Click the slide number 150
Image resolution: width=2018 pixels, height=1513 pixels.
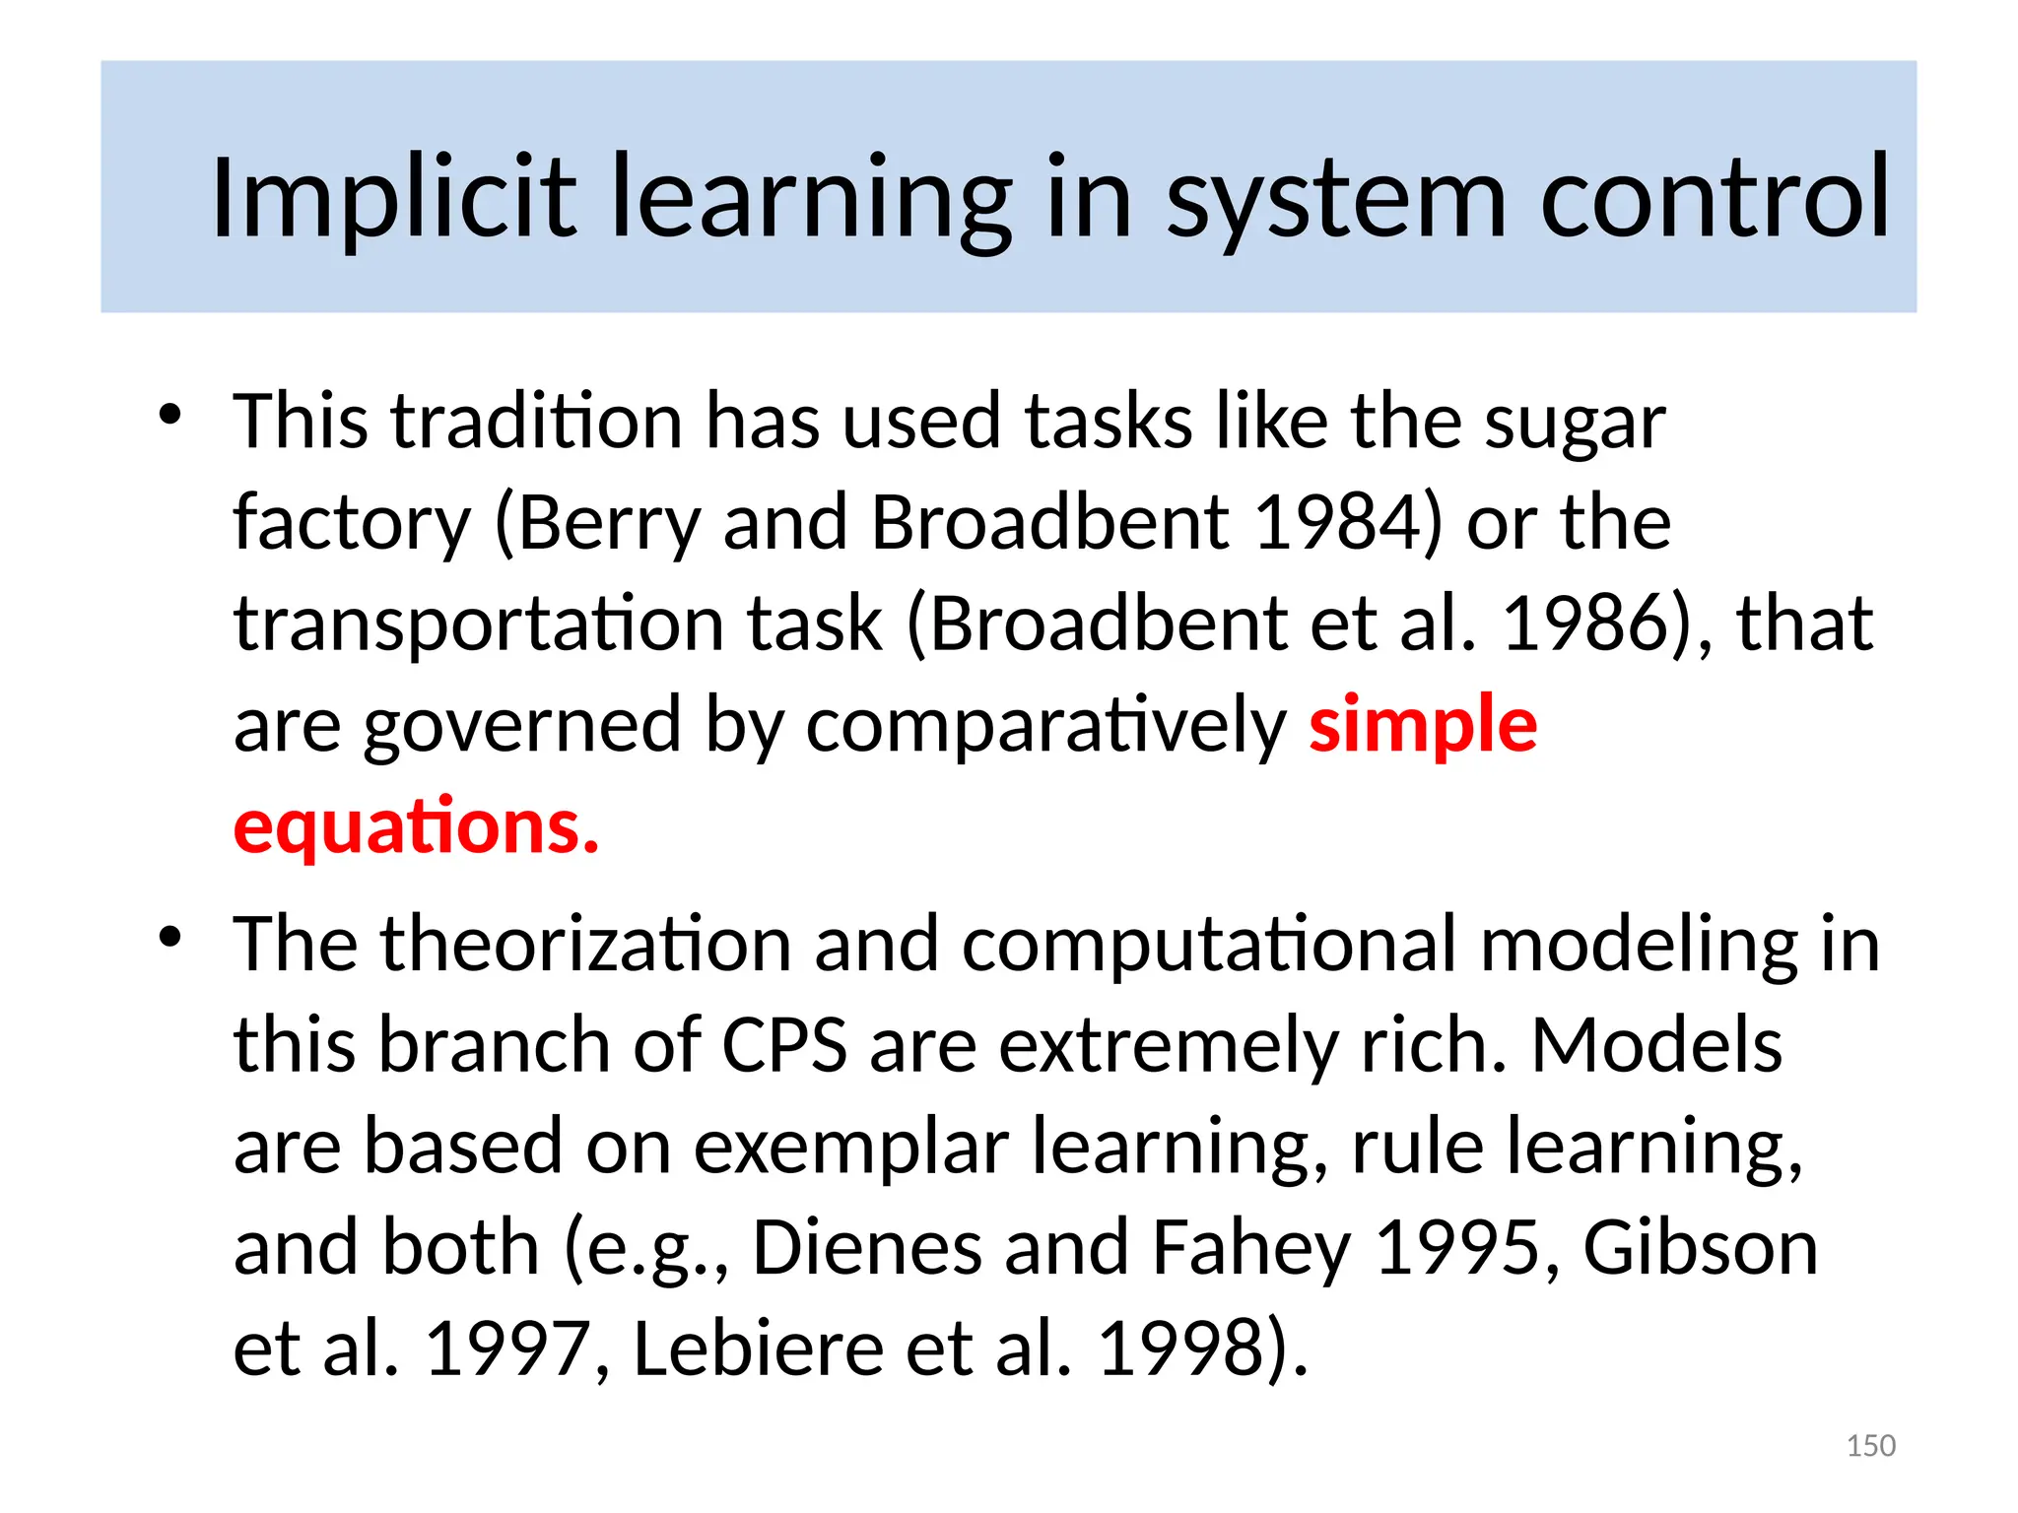(1870, 1445)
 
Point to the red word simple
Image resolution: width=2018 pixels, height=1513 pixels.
(1423, 725)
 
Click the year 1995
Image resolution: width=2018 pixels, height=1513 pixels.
(1456, 1247)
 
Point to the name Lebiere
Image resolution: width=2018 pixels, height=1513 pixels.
(758, 1348)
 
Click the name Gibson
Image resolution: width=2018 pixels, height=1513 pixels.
(1700, 1247)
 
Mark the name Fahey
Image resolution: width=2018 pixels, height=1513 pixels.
(1250, 1247)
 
